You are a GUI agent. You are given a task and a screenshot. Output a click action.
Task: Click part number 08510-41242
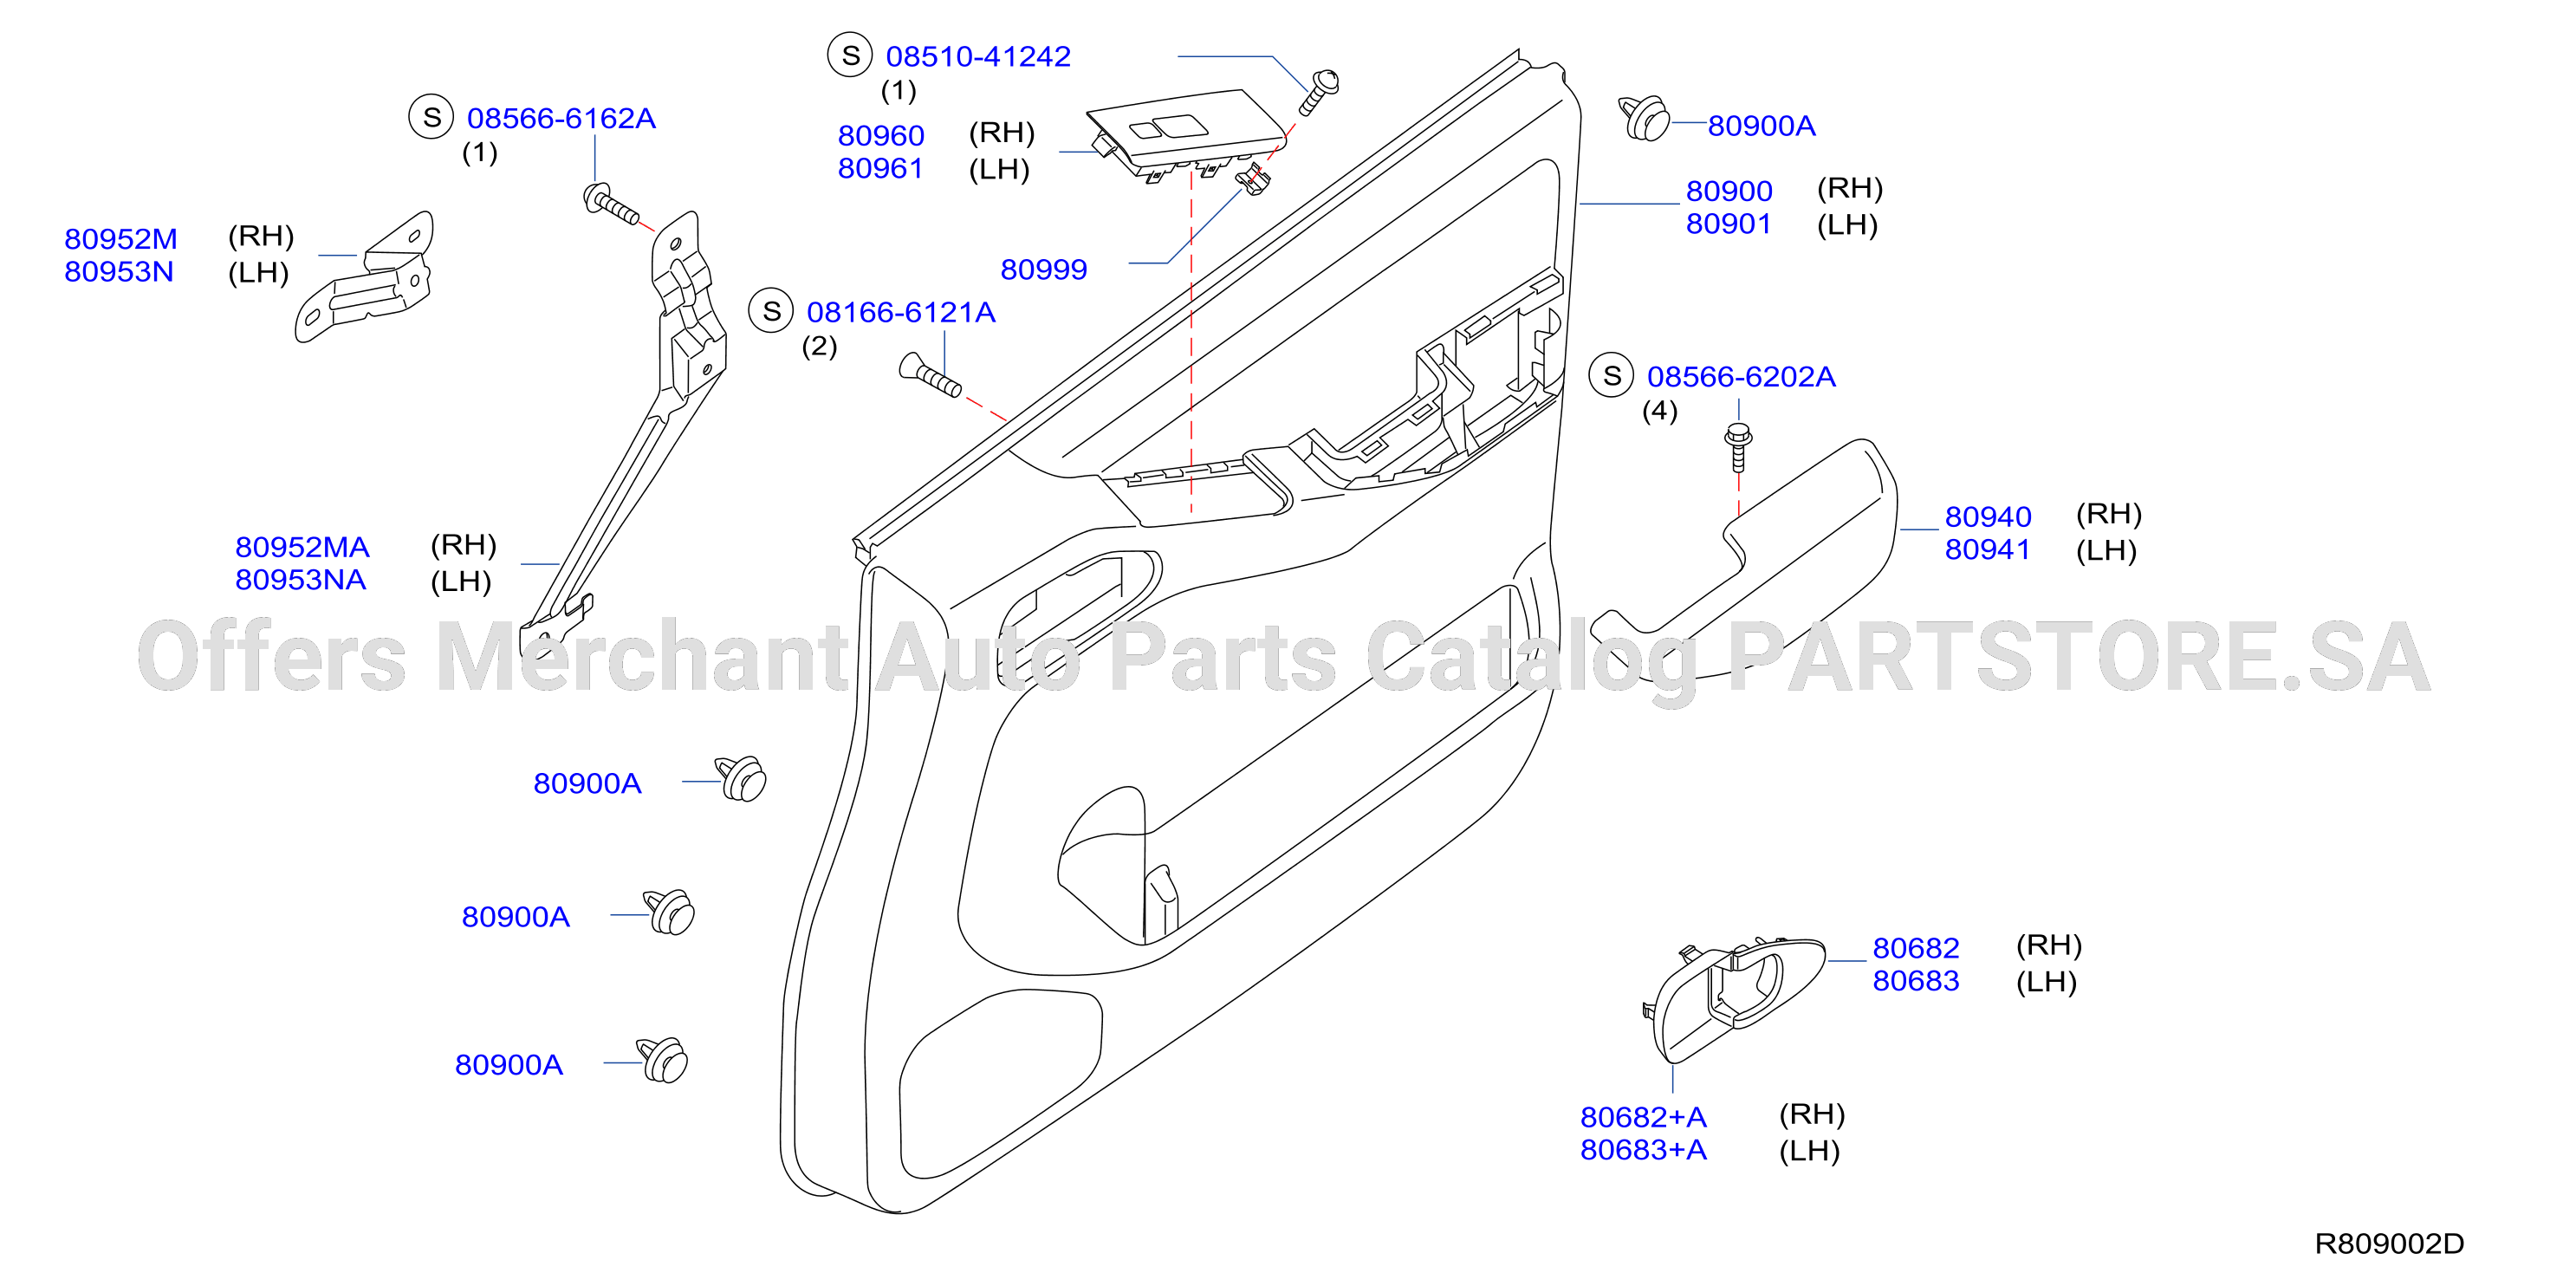pos(978,56)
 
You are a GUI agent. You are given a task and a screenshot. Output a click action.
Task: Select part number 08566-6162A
pos(561,119)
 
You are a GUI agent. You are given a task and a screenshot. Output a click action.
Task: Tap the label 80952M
pos(120,239)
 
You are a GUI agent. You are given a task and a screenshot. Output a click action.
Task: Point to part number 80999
pos(1044,270)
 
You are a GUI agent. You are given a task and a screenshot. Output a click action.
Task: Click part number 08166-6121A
pos(900,313)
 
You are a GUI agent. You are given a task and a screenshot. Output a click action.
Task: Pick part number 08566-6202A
pos(1742,377)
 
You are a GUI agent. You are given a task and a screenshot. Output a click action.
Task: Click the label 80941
pos(1987,549)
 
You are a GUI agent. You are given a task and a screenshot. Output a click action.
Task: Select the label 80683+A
pos(1644,1150)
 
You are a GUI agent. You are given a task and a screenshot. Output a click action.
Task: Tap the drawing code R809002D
pos(2389,1244)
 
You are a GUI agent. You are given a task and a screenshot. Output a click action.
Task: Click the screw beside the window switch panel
pos(1320,92)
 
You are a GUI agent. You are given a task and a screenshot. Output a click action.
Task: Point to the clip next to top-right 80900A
pos(1644,119)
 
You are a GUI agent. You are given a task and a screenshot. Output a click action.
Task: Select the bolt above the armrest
pos(1738,447)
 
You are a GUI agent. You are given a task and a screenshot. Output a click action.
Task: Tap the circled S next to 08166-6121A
pos(771,312)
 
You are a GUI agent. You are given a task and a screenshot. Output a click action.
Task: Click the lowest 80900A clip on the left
pos(663,1060)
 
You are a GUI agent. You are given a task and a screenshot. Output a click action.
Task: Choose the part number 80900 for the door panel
pos(1729,192)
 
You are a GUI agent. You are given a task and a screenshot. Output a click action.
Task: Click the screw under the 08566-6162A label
pos(610,203)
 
